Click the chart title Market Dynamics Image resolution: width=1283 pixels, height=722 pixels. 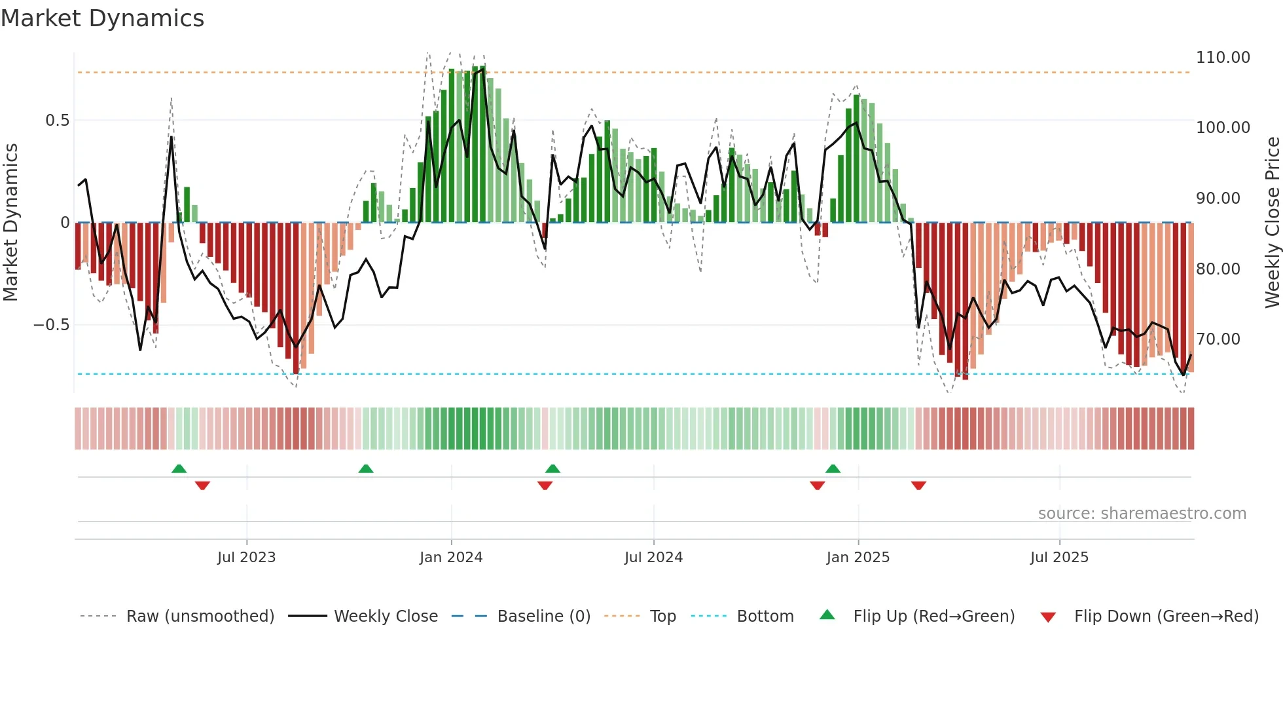[x=103, y=18]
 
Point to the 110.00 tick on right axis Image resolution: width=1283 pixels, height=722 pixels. [x=1222, y=58]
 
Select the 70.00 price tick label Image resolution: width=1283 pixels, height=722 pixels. [x=1218, y=339]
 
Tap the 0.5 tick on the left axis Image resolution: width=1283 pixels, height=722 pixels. [x=57, y=121]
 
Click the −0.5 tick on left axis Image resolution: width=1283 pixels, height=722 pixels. [x=51, y=325]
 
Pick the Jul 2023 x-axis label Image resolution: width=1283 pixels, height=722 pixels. [x=246, y=558]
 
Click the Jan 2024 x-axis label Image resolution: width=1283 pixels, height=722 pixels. [x=451, y=558]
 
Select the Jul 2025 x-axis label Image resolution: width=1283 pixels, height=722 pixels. [x=1058, y=558]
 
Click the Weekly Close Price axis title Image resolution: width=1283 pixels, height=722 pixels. [x=1272, y=223]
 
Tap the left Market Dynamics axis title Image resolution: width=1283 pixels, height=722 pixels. [x=10, y=223]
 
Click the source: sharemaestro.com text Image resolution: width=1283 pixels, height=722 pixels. [x=1142, y=514]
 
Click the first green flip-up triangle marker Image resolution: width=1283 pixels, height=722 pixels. [x=179, y=468]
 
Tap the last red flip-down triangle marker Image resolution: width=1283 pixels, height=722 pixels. [x=918, y=485]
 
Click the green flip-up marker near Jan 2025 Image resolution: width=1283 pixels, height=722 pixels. [x=833, y=468]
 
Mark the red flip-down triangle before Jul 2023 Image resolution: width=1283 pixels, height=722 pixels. [x=202, y=485]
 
